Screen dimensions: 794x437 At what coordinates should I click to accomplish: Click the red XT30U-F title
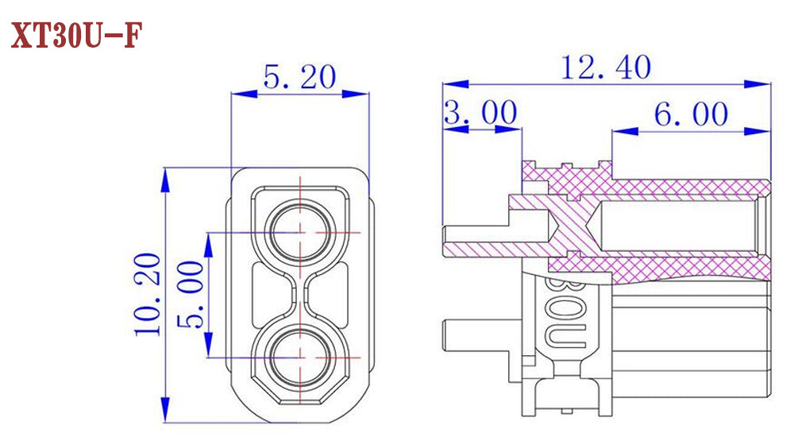(x=76, y=36)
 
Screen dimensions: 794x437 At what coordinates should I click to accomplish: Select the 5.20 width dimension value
(x=299, y=77)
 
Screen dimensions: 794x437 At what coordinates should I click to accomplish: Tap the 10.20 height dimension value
(x=148, y=294)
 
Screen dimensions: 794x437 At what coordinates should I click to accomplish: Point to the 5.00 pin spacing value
(x=191, y=295)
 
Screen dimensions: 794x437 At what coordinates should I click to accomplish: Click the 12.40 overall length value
(x=606, y=68)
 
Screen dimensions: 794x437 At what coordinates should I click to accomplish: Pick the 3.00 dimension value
(x=480, y=112)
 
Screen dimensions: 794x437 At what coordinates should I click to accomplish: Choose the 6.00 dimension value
(x=692, y=114)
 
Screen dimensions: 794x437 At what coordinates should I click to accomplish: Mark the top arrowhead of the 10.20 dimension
(x=164, y=180)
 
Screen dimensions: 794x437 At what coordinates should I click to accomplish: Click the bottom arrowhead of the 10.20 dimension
(x=164, y=410)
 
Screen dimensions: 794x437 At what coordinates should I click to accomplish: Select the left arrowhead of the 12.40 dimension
(x=455, y=83)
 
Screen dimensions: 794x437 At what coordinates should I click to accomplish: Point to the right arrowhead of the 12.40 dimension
(x=757, y=83)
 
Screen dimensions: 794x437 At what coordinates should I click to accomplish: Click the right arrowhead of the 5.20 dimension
(x=356, y=94)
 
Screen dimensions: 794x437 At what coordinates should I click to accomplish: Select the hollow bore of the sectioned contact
(x=679, y=226)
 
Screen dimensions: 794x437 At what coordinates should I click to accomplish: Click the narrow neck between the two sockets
(x=301, y=295)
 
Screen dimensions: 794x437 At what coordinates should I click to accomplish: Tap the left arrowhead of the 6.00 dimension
(x=625, y=131)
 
